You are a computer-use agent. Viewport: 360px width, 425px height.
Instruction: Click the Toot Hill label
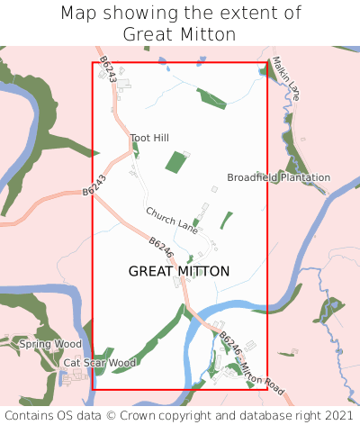tap(149, 138)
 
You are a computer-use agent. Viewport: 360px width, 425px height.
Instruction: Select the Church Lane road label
tap(172, 217)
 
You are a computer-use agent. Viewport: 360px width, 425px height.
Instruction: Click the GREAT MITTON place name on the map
tap(179, 271)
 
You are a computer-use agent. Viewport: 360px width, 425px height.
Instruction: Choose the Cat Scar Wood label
tap(99, 363)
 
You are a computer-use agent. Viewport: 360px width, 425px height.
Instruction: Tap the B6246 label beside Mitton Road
tap(229, 348)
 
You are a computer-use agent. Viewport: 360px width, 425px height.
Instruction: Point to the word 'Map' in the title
tap(79, 14)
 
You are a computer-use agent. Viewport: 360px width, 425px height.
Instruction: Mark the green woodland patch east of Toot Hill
tap(175, 163)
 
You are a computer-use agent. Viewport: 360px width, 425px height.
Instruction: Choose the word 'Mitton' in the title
tap(208, 35)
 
